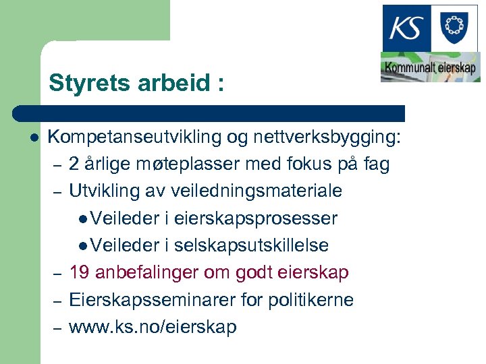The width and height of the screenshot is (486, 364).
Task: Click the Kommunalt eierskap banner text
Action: (x=430, y=68)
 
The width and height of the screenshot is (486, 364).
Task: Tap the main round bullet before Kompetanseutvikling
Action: (x=34, y=138)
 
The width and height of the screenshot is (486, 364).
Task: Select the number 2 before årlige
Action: (x=74, y=164)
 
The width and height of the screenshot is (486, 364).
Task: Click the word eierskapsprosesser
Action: (x=256, y=218)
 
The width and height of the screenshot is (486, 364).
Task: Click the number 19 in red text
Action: (x=79, y=272)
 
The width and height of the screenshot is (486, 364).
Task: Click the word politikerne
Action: (x=311, y=299)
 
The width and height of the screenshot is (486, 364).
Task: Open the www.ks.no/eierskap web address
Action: (x=153, y=327)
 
